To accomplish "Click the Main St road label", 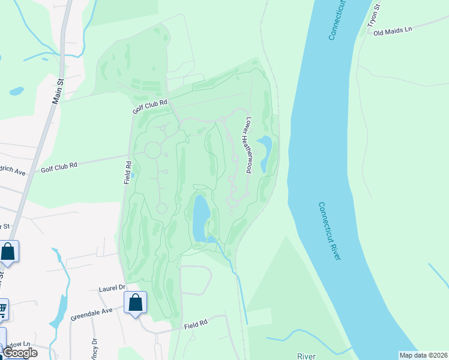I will pos(58,91).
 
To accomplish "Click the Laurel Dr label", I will pos(111,289).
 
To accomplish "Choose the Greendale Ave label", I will pos(91,314).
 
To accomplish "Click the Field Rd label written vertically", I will pos(128,172).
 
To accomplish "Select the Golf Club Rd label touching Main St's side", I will pos(59,167).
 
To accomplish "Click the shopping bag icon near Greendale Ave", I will pos(136,304).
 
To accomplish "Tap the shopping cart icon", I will pos(2,310).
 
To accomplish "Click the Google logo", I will pos(20,353).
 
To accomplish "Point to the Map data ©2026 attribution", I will pos(423,355).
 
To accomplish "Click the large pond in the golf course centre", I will pos(200,217).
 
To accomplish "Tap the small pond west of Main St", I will pos(16,91).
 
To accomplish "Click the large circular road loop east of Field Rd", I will pos(152,149).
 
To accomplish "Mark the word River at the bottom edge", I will pos(306,356).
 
